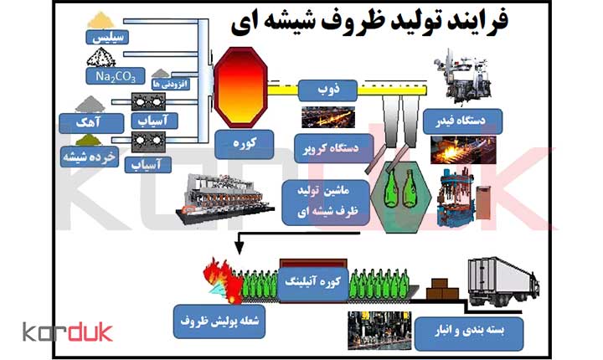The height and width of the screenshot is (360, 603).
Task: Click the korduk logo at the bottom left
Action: pos(67,332)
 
